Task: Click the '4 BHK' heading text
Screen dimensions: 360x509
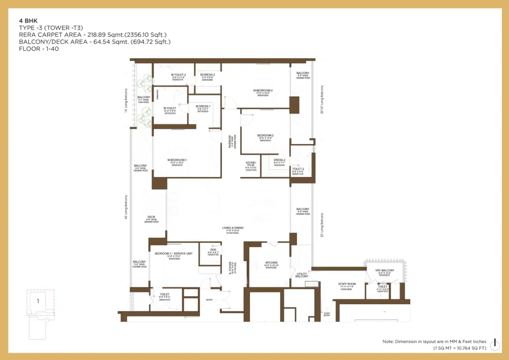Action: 28,21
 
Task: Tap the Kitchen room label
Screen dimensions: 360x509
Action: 271,263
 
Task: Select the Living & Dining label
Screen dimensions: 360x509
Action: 231,228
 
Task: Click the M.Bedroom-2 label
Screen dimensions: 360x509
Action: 264,90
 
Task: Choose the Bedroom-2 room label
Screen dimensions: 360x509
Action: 265,135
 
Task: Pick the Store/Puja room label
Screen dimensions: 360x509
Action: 251,164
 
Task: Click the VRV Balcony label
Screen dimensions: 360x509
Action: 385,270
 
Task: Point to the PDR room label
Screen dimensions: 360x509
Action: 213,250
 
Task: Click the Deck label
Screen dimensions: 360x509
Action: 151,217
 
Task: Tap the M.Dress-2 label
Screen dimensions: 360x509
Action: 208,75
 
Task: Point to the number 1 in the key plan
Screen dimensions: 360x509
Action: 38,300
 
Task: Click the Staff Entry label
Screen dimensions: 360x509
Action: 327,314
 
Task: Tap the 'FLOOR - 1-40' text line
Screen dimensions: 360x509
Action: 39,49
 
